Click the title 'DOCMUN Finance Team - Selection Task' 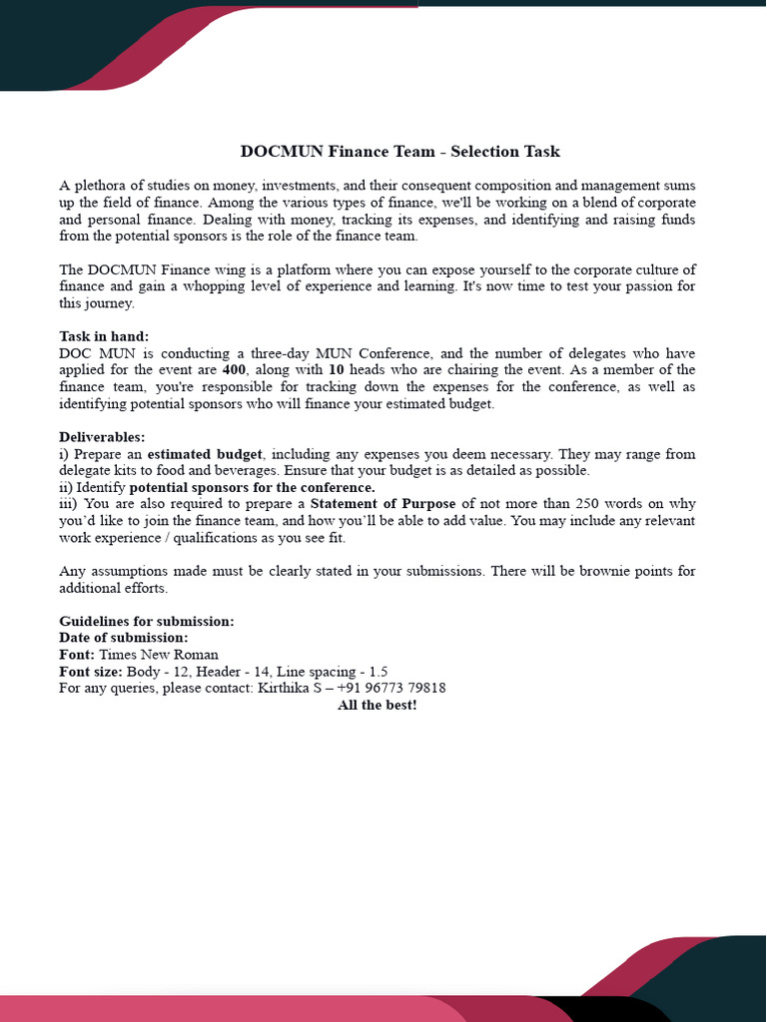pyautogui.click(x=399, y=152)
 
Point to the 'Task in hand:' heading pyautogui.click(x=104, y=336)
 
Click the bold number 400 pyautogui.click(x=234, y=370)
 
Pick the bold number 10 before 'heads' pyautogui.click(x=337, y=370)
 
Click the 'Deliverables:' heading pyautogui.click(x=102, y=437)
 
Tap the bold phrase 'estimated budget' pyautogui.click(x=205, y=454)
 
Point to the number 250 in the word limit pyautogui.click(x=588, y=504)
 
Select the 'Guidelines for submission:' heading pyautogui.click(x=147, y=621)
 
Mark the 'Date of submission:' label pyautogui.click(x=123, y=638)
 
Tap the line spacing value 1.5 pyautogui.click(x=379, y=672)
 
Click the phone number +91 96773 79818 pyautogui.click(x=391, y=688)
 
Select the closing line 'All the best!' pyautogui.click(x=377, y=705)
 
